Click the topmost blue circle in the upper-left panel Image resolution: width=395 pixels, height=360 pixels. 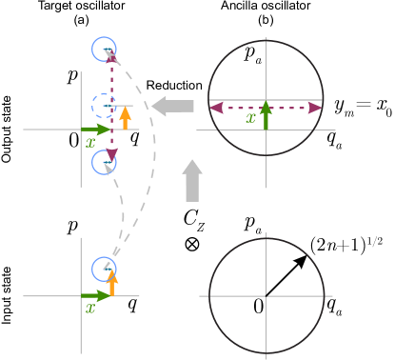pyautogui.click(x=104, y=49)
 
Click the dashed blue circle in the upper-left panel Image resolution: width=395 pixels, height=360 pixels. pyautogui.click(x=104, y=106)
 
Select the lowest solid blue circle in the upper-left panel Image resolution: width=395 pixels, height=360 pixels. pyautogui.click(x=104, y=162)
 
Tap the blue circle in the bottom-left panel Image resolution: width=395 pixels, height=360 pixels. pyautogui.click(x=104, y=269)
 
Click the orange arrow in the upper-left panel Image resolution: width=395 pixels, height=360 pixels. pyautogui.click(x=125, y=117)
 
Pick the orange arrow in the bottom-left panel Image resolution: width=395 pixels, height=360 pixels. pyautogui.click(x=111, y=283)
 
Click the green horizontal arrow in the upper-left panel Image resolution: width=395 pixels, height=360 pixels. pyautogui.click(x=96, y=129)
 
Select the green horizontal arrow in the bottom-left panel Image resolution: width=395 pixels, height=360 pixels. pyautogui.click(x=96, y=295)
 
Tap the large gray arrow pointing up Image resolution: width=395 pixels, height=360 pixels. pyautogui.click(x=192, y=180)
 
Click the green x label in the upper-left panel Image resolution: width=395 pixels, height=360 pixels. pyautogui.click(x=90, y=143)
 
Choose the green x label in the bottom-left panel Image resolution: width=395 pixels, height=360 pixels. pyautogui.click(x=90, y=309)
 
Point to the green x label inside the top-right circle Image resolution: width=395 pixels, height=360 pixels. pyautogui.click(x=250, y=119)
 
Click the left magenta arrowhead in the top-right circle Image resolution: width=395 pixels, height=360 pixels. pyautogui.click(x=216, y=108)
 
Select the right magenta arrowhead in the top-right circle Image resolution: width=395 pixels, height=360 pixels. pyautogui.click(x=315, y=108)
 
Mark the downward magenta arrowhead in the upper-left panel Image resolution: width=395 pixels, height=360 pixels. pyautogui.click(x=111, y=154)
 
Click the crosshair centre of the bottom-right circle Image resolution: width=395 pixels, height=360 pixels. pyautogui.click(x=267, y=295)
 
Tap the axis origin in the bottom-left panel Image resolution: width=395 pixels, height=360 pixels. pyautogui.click(x=82, y=295)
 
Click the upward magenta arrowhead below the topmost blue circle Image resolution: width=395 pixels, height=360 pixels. pyautogui.click(x=111, y=59)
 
